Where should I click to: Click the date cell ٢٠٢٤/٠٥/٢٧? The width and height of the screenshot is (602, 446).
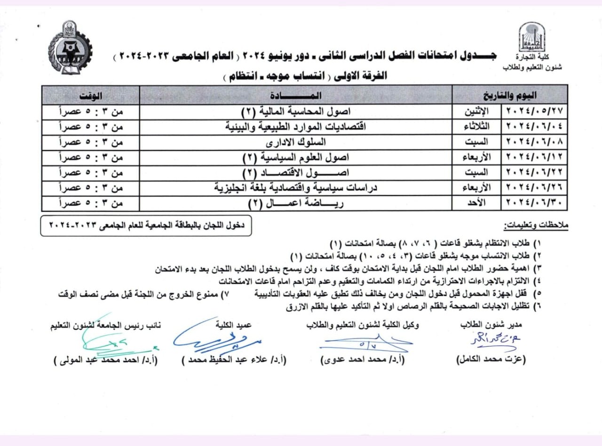pyautogui.click(x=537, y=111)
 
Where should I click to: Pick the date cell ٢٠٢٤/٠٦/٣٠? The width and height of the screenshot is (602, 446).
pyautogui.click(x=537, y=203)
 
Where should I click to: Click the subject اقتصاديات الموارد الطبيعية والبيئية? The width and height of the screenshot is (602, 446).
pyautogui.click(x=296, y=127)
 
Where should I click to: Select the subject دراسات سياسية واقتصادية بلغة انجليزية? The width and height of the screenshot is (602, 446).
pyautogui.click(x=296, y=188)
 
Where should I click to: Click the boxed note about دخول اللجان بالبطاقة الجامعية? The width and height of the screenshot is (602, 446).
pyautogui.click(x=146, y=226)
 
